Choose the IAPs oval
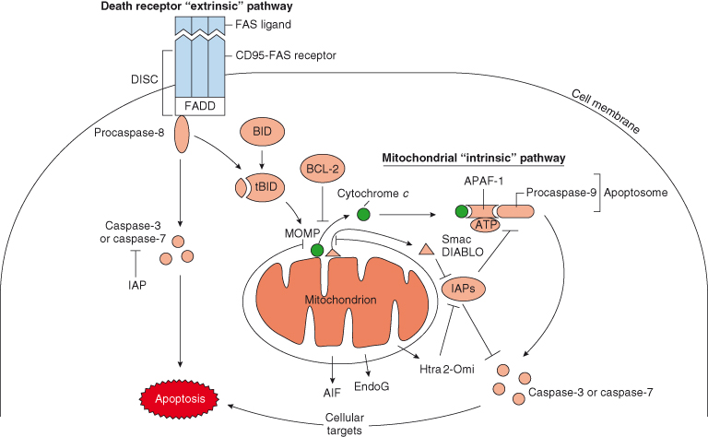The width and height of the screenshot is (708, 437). pos(465,290)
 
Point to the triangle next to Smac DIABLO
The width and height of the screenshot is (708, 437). pos(427,249)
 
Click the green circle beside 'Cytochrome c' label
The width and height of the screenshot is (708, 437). pos(363,215)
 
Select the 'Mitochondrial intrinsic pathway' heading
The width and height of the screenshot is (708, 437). pos(474,159)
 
